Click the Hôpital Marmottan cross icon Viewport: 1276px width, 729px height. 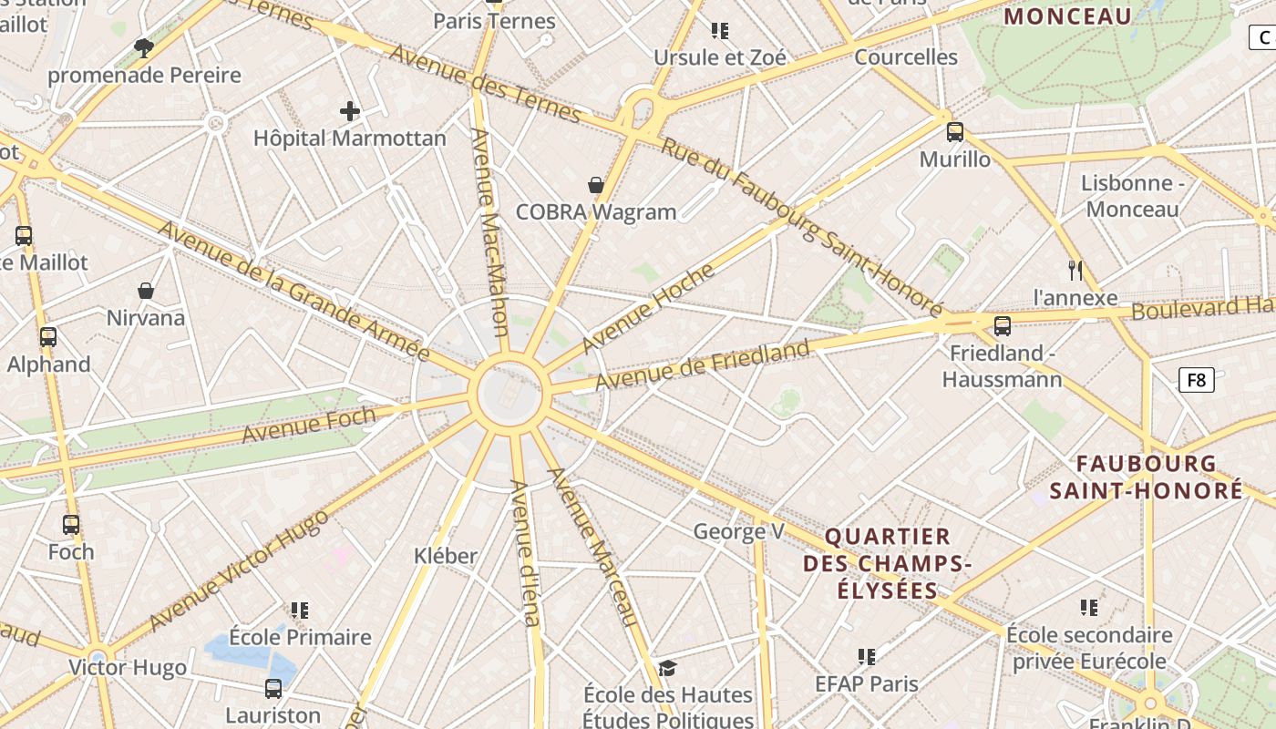pyautogui.click(x=350, y=112)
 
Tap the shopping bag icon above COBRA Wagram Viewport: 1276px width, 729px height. pyautogui.click(x=596, y=186)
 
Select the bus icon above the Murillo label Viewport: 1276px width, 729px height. pyautogui.click(x=955, y=132)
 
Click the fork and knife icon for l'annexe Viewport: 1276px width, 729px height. pyautogui.click(x=1075, y=270)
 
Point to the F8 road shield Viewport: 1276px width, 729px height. pyautogui.click(x=1197, y=379)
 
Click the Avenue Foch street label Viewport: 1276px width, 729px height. pyautogui.click(x=309, y=425)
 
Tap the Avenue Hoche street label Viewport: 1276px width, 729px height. pyautogui.click(x=648, y=308)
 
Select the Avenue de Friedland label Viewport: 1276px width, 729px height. pyautogui.click(x=703, y=364)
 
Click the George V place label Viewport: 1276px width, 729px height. pyautogui.click(x=738, y=531)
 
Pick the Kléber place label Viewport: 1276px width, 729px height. pyautogui.click(x=446, y=556)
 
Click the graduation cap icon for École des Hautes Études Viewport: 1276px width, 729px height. pyautogui.click(x=668, y=669)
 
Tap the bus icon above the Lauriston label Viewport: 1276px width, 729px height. pyautogui.click(x=273, y=689)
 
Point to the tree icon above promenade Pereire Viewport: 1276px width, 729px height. pyautogui.click(x=144, y=47)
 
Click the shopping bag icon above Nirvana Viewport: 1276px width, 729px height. pyautogui.click(x=146, y=291)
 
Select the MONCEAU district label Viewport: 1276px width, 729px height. pyautogui.click(x=1067, y=15)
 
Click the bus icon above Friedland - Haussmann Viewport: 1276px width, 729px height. pyautogui.click(x=1003, y=325)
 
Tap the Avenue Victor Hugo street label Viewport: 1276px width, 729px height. pyautogui.click(x=239, y=571)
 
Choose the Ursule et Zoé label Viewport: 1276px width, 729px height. pyautogui.click(x=720, y=57)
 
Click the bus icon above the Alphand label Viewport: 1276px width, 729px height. pyautogui.click(x=48, y=337)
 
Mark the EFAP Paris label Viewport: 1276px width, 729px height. pyautogui.click(x=867, y=683)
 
